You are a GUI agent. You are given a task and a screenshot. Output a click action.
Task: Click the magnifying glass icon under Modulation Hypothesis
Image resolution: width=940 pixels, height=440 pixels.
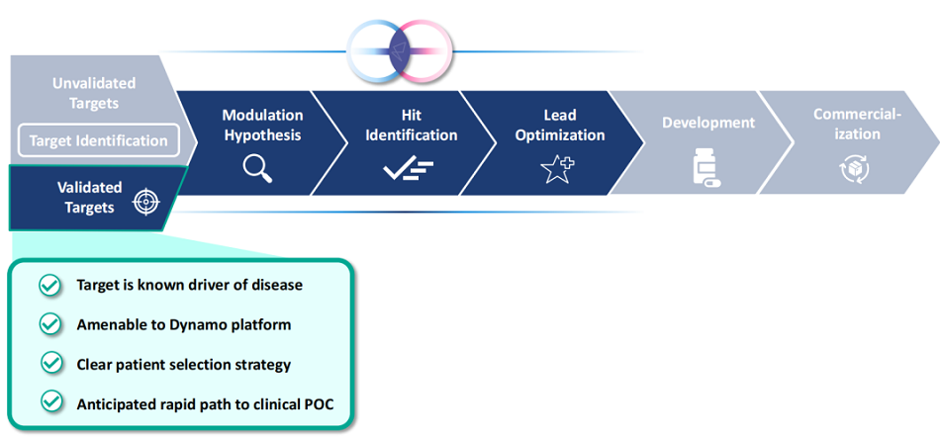(258, 169)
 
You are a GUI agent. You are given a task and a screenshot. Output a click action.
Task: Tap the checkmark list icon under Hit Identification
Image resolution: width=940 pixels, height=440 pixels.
(408, 169)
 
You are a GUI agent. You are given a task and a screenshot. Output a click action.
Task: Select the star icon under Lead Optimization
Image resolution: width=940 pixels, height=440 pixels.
(557, 169)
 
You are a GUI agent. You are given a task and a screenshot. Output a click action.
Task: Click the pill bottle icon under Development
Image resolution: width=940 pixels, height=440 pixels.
(706, 168)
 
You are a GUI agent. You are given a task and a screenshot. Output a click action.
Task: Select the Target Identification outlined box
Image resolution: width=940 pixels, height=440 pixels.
(98, 140)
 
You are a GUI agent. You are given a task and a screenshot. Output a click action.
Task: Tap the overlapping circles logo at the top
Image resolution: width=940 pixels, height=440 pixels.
(400, 49)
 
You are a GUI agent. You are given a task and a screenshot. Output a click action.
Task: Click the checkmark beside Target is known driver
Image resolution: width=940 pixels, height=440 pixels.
(49, 285)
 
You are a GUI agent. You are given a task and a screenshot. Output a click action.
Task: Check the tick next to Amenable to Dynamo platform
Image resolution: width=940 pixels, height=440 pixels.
(49, 324)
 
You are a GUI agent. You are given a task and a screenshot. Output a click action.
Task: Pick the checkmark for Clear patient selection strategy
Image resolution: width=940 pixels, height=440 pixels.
(49, 364)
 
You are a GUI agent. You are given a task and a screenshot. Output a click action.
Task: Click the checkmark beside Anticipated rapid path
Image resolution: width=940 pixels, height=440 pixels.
(49, 402)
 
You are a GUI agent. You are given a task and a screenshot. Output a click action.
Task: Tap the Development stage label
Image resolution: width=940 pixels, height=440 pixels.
(708, 123)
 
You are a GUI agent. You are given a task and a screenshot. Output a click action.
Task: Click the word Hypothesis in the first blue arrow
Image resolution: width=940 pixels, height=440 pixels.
(261, 134)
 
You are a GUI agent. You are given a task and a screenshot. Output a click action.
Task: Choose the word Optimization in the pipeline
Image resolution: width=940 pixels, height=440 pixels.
(559, 134)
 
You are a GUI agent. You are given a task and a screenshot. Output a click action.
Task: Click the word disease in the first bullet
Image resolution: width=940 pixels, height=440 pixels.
(275, 285)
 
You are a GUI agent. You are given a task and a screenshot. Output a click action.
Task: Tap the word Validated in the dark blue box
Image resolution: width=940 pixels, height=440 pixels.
(89, 187)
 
